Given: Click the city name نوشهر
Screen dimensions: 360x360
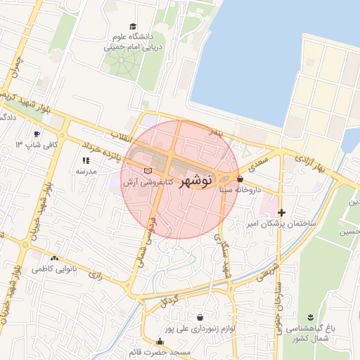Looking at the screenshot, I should click(x=195, y=181).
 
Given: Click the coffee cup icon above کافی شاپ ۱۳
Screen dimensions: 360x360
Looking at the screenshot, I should click(x=37, y=134).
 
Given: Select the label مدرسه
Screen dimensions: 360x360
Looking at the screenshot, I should click(x=85, y=171).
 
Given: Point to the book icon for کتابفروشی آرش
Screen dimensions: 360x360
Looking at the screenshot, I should click(x=147, y=171).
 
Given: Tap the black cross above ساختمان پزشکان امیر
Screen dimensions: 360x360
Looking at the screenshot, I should click(x=281, y=212).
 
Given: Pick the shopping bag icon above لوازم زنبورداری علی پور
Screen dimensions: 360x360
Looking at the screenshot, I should click(x=200, y=317).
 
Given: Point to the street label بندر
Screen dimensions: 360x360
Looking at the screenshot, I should click(x=217, y=131).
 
